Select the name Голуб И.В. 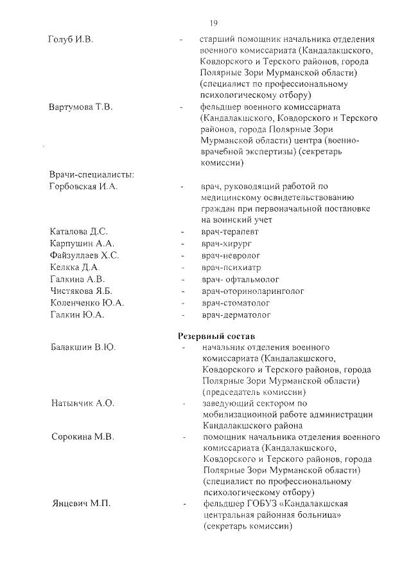71,40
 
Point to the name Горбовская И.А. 83,186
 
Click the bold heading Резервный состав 216,336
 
